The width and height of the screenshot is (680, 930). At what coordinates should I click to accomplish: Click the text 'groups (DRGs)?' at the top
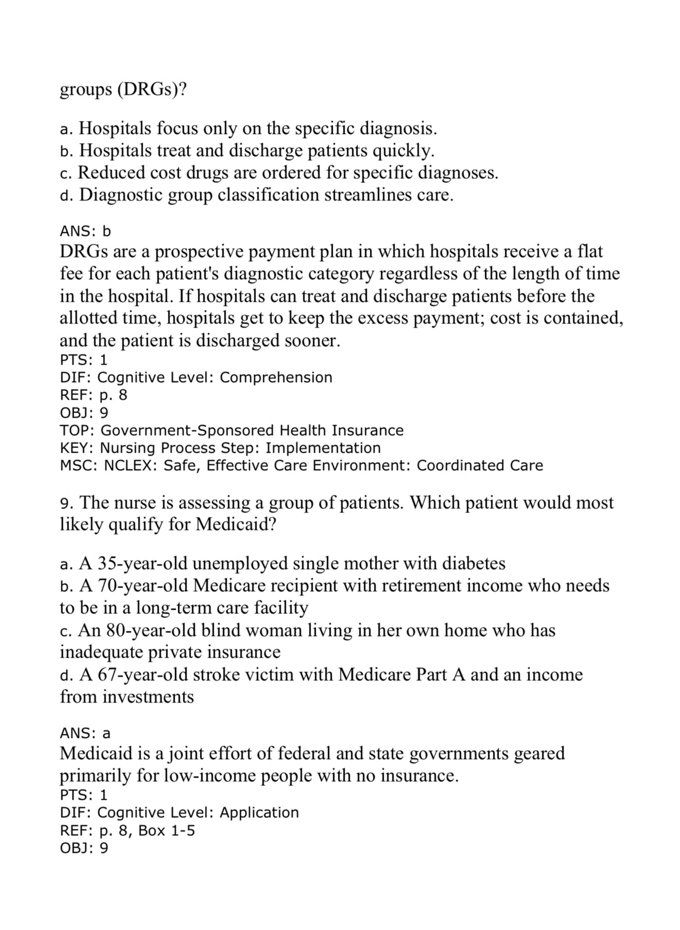click(x=123, y=89)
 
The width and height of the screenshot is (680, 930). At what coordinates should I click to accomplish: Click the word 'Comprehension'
click(x=276, y=377)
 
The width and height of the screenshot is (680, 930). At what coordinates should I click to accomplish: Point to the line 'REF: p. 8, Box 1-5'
click(x=127, y=831)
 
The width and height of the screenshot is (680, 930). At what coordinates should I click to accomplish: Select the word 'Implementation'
click(x=323, y=447)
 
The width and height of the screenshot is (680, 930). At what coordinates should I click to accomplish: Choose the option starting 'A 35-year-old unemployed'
click(x=282, y=563)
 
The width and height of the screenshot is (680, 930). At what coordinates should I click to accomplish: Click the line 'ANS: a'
click(x=85, y=733)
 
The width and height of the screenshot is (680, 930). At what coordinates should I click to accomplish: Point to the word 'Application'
click(x=259, y=813)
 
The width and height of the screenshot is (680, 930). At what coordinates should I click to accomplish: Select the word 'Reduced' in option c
click(x=111, y=173)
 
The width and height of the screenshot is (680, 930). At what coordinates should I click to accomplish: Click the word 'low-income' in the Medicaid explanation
click(x=212, y=776)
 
